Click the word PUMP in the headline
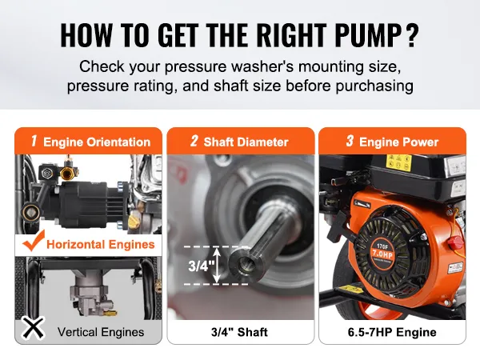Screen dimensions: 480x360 coord(368,34)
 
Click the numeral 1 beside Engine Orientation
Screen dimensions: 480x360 coord(34,141)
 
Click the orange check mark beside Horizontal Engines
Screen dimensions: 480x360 coord(34,241)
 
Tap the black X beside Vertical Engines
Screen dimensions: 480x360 coord(33,328)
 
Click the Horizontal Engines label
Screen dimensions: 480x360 coord(101,245)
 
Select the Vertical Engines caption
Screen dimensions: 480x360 coord(101,332)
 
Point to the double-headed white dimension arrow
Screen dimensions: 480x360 coord(217,265)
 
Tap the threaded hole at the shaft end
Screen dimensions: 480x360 coord(245,263)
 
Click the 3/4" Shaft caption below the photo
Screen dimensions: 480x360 coord(239,332)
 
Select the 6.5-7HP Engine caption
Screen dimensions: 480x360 coord(392,332)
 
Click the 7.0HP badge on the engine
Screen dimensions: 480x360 coord(382,254)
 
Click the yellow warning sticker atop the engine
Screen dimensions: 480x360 coord(398,162)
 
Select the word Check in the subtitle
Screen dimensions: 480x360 coord(102,66)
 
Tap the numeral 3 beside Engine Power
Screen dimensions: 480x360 coord(350,141)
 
